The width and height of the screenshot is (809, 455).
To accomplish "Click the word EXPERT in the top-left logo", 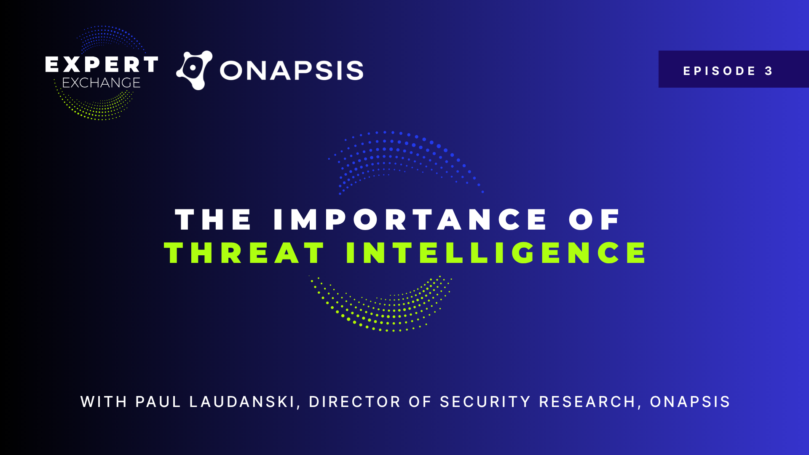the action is tap(102, 64).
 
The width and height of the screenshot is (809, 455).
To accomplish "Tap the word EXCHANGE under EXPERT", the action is tap(101, 83).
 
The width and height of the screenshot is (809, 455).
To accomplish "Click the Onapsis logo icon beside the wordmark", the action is tap(194, 70).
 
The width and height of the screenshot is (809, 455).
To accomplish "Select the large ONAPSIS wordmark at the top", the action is tap(292, 70).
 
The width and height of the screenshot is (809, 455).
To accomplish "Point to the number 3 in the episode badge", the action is tap(769, 71).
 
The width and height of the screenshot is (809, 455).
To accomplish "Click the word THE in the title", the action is tap(213, 219).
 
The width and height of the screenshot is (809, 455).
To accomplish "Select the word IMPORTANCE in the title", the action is tap(410, 219).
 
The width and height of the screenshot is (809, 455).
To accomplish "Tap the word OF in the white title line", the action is tap(594, 219).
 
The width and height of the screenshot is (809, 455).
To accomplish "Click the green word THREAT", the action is tap(244, 253).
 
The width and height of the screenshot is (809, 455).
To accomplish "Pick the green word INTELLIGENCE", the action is tap(496, 253).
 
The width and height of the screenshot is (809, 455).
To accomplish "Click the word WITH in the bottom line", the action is tap(104, 402).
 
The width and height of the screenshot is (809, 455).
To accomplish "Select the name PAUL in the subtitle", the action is tap(158, 402).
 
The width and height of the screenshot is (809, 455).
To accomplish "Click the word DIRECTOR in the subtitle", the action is tap(354, 402).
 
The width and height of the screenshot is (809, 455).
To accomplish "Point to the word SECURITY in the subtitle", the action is tap(485, 402).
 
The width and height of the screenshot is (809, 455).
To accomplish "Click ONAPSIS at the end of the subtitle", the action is tap(690, 402).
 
